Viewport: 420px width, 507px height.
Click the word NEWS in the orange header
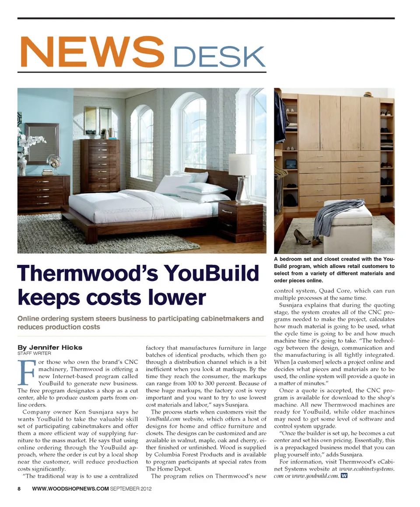[x=92, y=51]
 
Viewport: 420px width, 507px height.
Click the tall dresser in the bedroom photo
[x=100, y=165]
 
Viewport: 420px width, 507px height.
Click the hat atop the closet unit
[x=368, y=94]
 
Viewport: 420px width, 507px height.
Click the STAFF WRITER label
[x=34, y=353]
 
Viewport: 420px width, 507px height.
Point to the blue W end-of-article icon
[x=344, y=476]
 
